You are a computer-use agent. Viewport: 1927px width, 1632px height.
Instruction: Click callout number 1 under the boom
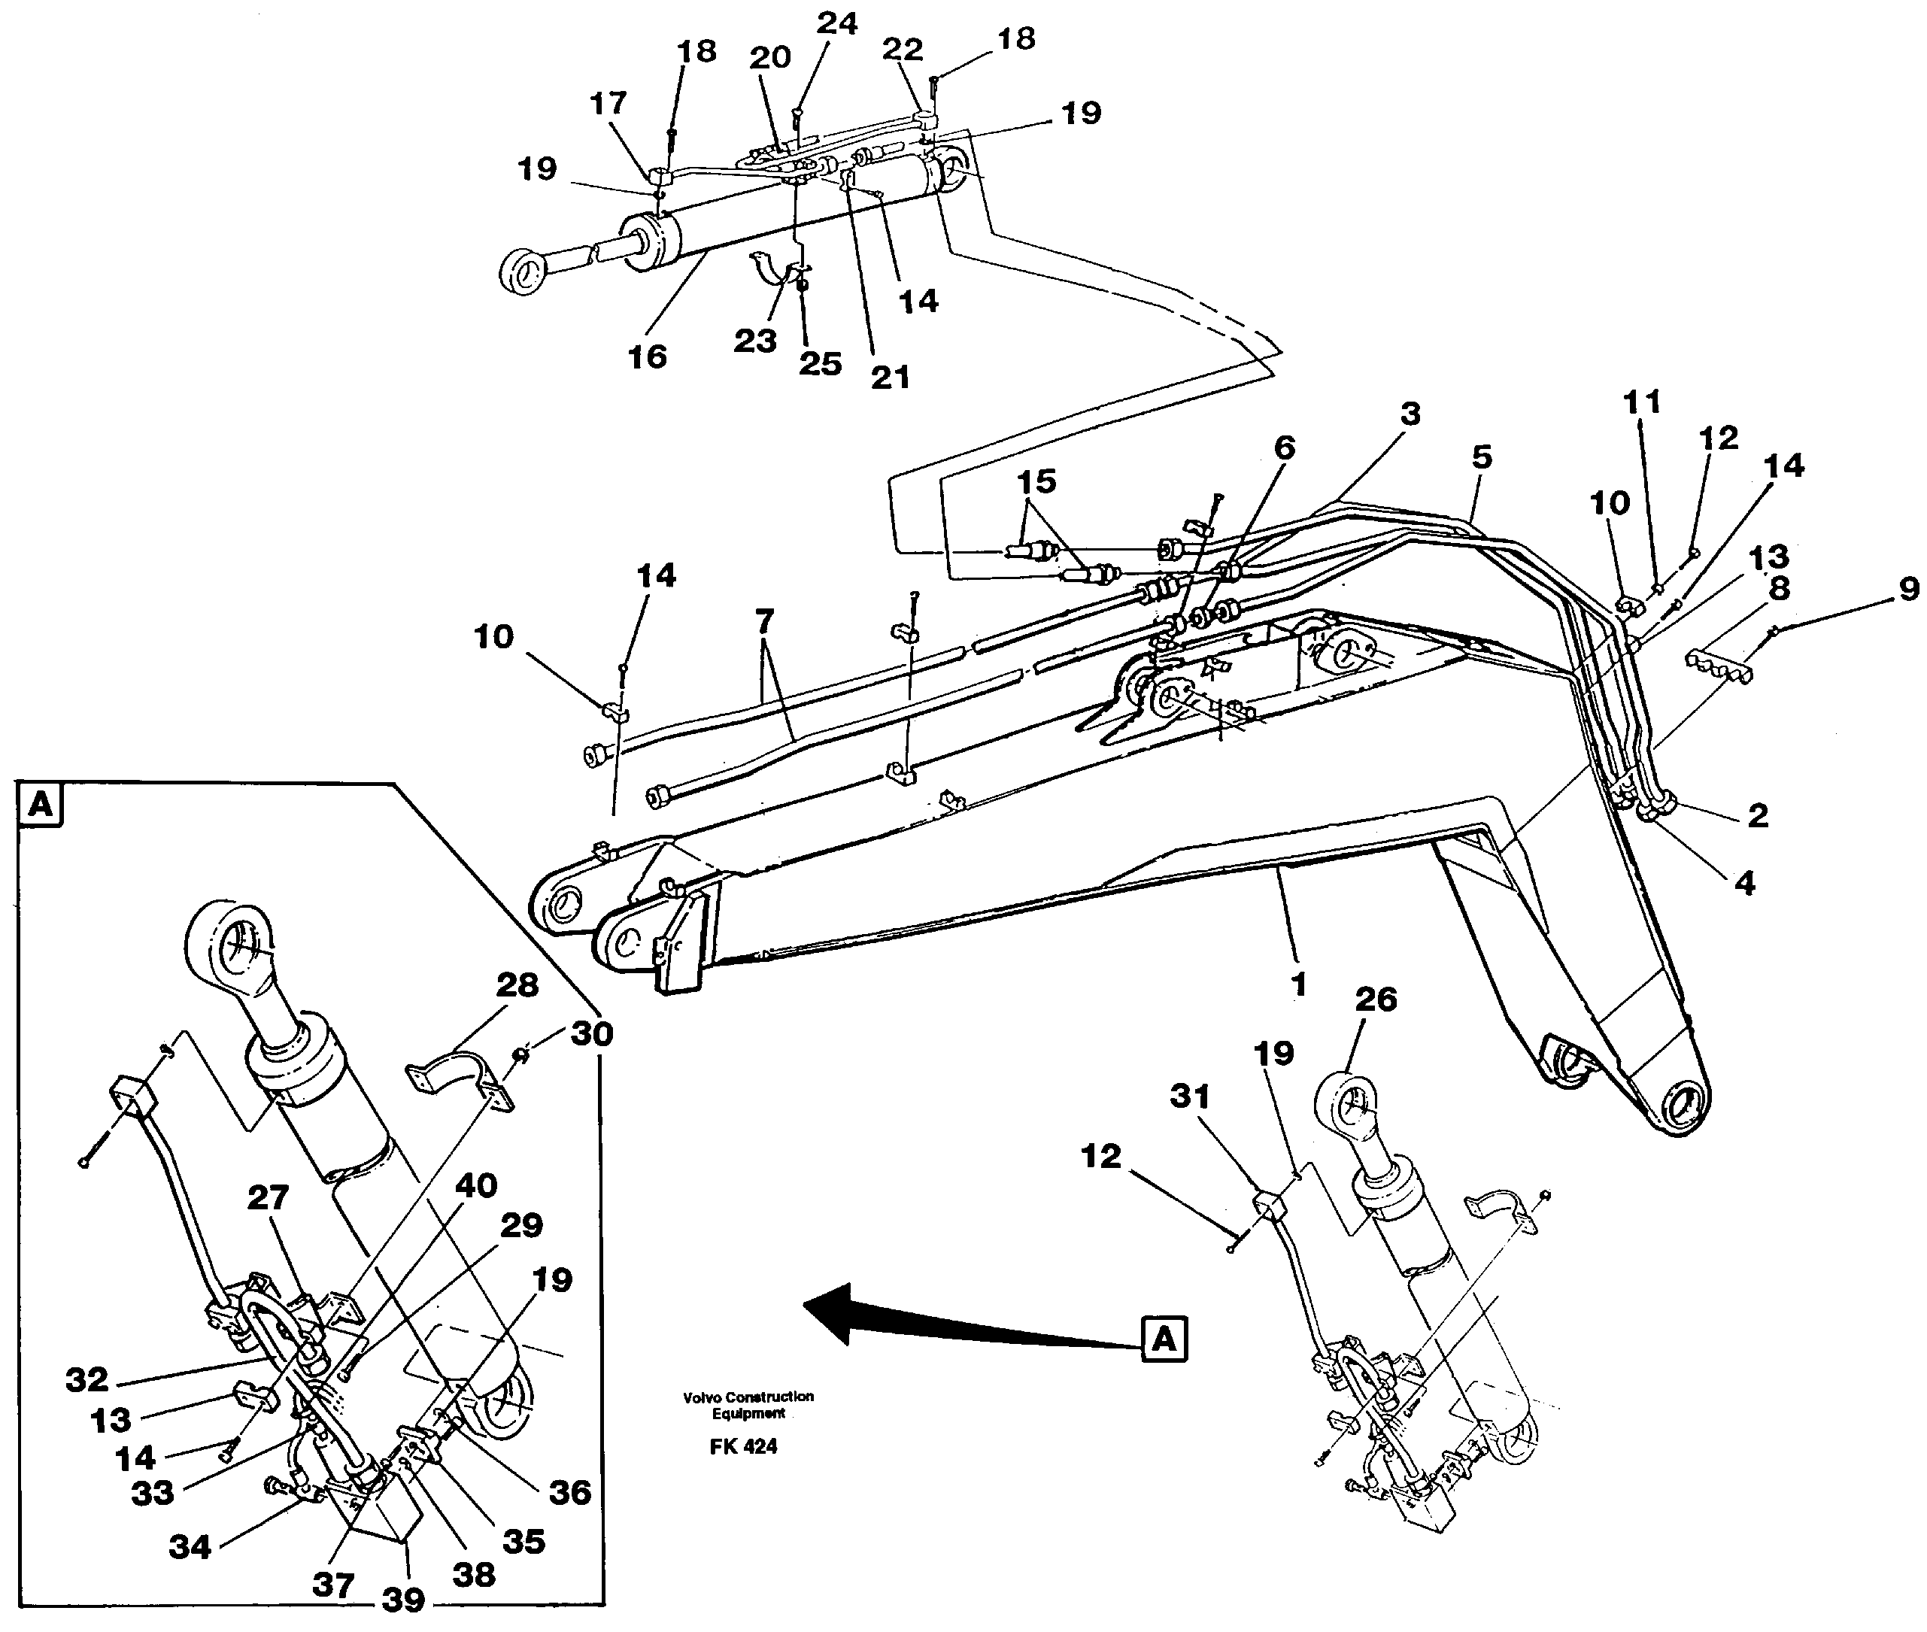click(x=1298, y=984)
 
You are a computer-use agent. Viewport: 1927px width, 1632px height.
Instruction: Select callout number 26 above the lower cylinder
click(x=1375, y=1000)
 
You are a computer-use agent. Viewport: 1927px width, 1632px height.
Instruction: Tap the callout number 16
click(x=647, y=356)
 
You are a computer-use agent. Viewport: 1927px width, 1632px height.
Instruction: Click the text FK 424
click(x=743, y=1446)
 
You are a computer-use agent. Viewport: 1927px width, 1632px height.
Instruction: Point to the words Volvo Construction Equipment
click(x=748, y=1404)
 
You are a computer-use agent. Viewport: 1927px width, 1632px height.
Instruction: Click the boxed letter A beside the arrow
click(x=1164, y=1339)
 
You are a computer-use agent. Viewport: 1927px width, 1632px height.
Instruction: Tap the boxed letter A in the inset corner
click(x=40, y=805)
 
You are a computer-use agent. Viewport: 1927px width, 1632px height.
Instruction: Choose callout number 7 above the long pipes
click(x=764, y=620)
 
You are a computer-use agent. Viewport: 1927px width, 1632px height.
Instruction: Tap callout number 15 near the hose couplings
click(x=1036, y=481)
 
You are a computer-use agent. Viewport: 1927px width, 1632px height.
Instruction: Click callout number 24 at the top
click(x=836, y=23)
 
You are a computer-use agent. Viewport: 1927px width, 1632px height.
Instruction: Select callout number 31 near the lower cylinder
click(x=1190, y=1097)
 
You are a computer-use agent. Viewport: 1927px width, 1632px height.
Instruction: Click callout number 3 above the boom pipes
click(x=1409, y=414)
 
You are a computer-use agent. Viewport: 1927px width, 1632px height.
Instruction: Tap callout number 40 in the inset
click(x=476, y=1185)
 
